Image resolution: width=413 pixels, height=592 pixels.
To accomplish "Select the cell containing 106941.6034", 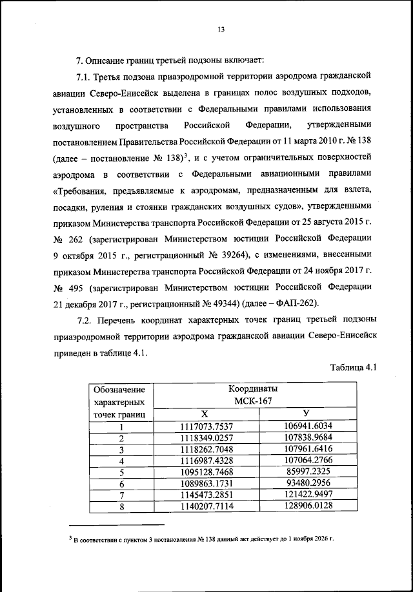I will pyautogui.click(x=308, y=426).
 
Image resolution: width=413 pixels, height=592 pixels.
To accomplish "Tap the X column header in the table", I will pyautogui.click(x=205, y=414).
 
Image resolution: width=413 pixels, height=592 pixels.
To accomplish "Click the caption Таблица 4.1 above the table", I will pyautogui.click(x=353, y=368).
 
